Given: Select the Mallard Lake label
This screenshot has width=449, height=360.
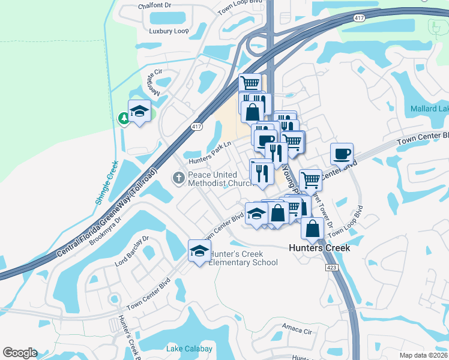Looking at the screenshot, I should click(429, 109).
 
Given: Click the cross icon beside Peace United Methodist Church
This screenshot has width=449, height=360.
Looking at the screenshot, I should click(178, 178).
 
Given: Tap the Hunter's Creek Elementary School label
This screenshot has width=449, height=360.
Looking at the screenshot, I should click(243, 258).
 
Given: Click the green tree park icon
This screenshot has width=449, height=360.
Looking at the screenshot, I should click(124, 118).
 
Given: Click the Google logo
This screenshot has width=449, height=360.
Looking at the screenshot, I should click(20, 353).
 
